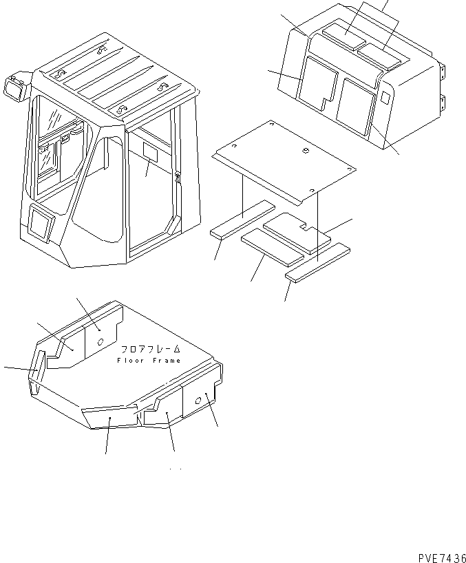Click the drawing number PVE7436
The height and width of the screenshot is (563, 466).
442,557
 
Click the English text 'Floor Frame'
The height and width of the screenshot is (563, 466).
149,361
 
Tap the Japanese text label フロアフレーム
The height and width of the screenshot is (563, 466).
151,349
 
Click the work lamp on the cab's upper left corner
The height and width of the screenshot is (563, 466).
16,86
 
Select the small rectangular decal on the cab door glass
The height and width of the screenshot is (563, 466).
151,151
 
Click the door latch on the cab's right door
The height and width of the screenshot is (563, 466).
178,178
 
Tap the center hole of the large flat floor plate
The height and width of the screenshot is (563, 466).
306,151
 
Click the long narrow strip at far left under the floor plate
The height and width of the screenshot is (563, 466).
243,219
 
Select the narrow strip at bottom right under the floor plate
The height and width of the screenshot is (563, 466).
318,262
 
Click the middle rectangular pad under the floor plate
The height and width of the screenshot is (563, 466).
273,247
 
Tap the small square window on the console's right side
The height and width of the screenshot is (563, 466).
384,98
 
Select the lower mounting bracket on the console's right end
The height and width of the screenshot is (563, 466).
443,103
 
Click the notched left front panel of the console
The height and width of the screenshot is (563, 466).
318,83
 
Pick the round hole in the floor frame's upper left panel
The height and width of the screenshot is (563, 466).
101,342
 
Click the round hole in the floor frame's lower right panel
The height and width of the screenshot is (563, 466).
198,401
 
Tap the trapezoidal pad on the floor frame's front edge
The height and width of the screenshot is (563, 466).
109,416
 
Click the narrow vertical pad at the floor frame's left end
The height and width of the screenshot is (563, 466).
37,365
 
